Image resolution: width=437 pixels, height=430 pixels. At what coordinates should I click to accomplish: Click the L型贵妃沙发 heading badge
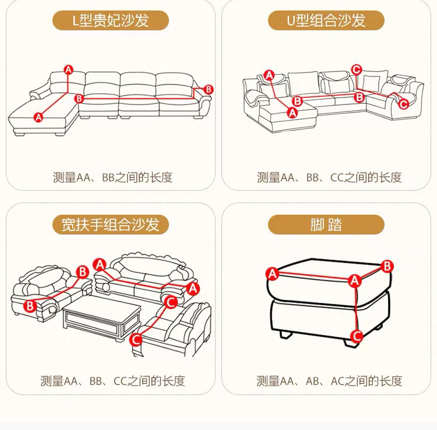pyautogui.click(x=111, y=20)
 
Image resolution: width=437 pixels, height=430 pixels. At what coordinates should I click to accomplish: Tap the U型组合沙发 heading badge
pyautogui.click(x=326, y=20)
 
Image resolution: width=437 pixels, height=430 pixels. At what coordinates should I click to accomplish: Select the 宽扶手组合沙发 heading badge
pyautogui.click(x=111, y=225)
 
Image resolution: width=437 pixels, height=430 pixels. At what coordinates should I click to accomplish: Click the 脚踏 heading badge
pyautogui.click(x=326, y=225)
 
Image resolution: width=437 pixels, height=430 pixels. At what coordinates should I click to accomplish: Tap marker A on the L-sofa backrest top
pyautogui.click(x=68, y=70)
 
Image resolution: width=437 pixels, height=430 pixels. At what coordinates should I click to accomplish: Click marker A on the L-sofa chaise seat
pyautogui.click(x=38, y=117)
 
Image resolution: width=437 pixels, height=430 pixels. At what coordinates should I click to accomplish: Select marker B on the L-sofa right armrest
pyautogui.click(x=209, y=90)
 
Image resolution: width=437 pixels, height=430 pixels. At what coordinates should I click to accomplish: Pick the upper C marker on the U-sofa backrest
pyautogui.click(x=357, y=70)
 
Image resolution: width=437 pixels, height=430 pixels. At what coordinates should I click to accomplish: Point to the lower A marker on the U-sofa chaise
pyautogui.click(x=292, y=113)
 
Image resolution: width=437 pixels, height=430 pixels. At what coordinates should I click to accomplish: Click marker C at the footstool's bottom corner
pyautogui.click(x=357, y=336)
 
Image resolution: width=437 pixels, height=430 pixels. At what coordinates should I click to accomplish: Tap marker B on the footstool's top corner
pyautogui.click(x=387, y=267)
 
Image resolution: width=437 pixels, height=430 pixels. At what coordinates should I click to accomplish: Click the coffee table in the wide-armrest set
pyautogui.click(x=102, y=317)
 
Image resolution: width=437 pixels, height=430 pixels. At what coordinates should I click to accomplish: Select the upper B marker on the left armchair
pyautogui.click(x=83, y=272)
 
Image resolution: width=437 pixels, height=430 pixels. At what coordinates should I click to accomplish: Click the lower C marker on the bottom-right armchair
pyautogui.click(x=136, y=340)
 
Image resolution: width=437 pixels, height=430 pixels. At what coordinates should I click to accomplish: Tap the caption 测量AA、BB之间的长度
pyautogui.click(x=112, y=177)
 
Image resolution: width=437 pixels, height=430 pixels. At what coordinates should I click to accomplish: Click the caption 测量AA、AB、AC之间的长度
pyautogui.click(x=329, y=381)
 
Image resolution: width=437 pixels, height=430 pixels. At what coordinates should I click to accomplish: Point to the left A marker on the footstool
pyautogui.click(x=272, y=274)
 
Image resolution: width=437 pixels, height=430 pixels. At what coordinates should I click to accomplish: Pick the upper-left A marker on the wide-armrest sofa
pyautogui.click(x=100, y=265)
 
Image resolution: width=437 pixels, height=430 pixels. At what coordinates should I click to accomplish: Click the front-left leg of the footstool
pyautogui.click(x=286, y=334)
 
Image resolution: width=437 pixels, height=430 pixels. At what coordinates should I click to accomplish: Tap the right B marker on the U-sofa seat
pyautogui.click(x=360, y=97)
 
